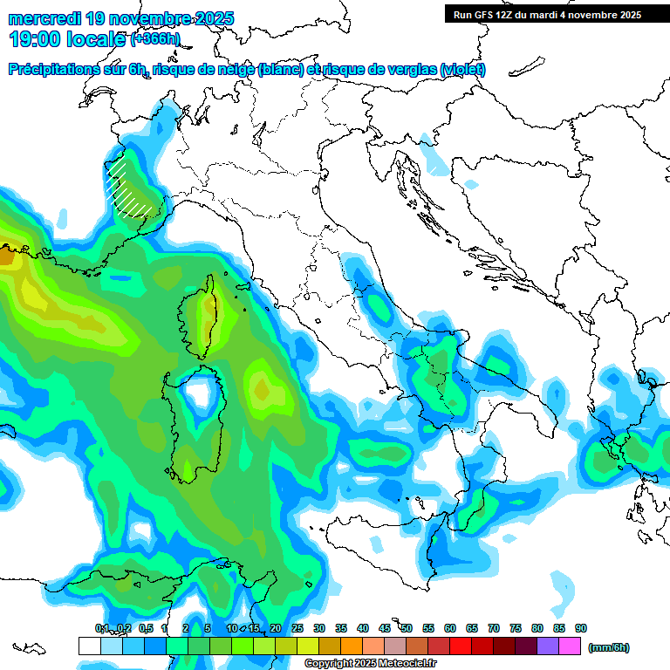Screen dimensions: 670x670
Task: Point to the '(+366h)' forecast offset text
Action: [155, 39]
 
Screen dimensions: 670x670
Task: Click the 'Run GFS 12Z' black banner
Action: [547, 14]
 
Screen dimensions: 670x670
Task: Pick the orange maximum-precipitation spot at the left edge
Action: [6, 257]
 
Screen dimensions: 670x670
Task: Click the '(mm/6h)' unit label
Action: [609, 647]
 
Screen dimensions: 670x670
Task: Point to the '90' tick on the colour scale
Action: [581, 628]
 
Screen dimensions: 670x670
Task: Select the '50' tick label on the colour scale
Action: [407, 628]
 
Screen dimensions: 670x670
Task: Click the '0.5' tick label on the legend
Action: [145, 628]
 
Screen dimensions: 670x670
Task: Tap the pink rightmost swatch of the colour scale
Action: [571, 646]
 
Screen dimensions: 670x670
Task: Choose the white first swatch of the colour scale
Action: [89, 646]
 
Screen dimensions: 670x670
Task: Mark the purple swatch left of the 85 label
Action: [548, 646]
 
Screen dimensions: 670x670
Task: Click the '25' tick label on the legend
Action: [297, 628]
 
